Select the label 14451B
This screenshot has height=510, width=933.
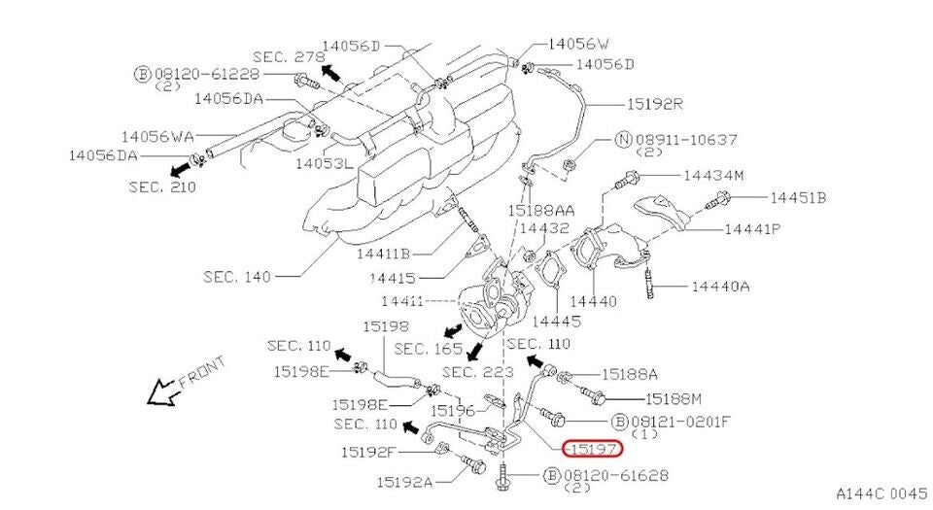click(x=798, y=198)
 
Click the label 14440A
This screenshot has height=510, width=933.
click(x=720, y=287)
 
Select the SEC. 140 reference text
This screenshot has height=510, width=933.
click(x=237, y=276)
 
